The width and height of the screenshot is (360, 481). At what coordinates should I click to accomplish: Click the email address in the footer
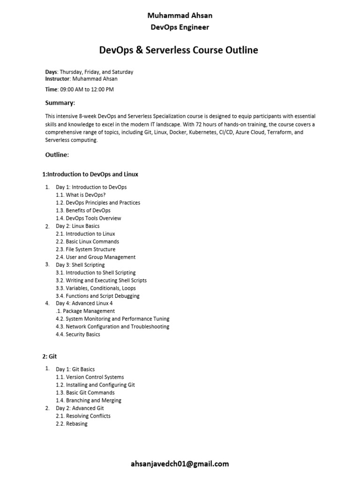[x=180, y=464]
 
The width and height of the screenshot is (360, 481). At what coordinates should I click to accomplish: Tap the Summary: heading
[x=60, y=103]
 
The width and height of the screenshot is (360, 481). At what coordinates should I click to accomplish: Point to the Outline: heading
[x=57, y=155]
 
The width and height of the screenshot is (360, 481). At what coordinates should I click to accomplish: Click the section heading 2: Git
[x=49, y=357]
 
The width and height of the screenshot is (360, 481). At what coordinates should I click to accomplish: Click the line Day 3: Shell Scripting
[x=80, y=265]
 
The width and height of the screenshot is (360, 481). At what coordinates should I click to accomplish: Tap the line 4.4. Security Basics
[x=78, y=334]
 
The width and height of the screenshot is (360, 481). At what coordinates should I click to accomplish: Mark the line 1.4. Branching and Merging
[x=89, y=400]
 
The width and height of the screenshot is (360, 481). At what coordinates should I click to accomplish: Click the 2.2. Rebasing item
[x=72, y=424]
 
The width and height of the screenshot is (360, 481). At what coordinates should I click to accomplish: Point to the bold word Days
[x=51, y=72]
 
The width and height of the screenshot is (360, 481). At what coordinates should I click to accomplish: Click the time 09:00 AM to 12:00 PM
[x=86, y=89]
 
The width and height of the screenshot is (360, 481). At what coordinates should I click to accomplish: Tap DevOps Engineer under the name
[x=180, y=27]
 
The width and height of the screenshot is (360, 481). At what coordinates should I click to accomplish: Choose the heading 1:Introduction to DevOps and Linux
[x=90, y=174]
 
